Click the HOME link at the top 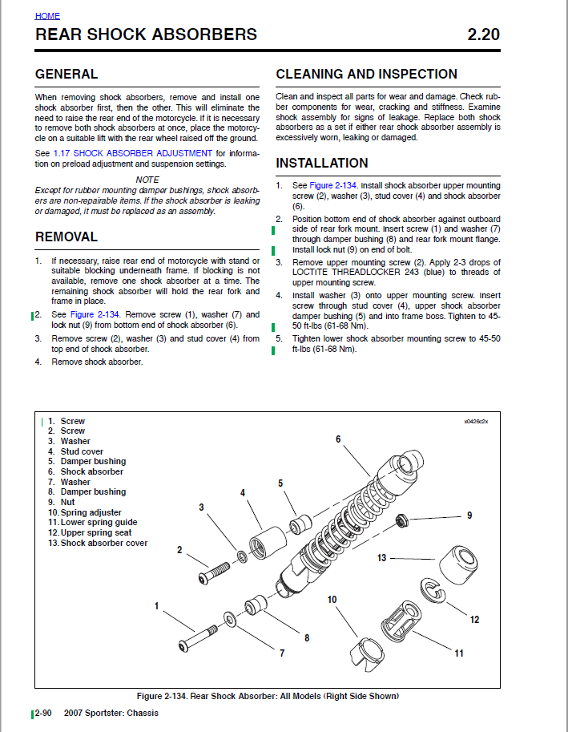(47, 16)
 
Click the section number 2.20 (483, 35)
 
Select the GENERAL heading (66, 75)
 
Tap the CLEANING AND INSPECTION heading (366, 75)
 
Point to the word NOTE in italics (147, 179)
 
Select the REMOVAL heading (66, 237)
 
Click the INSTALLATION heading (322, 164)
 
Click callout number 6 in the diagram (338, 439)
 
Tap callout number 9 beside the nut (469, 515)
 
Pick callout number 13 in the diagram (381, 557)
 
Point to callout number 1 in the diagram (157, 606)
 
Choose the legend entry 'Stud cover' (82, 451)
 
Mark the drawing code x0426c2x (476, 421)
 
